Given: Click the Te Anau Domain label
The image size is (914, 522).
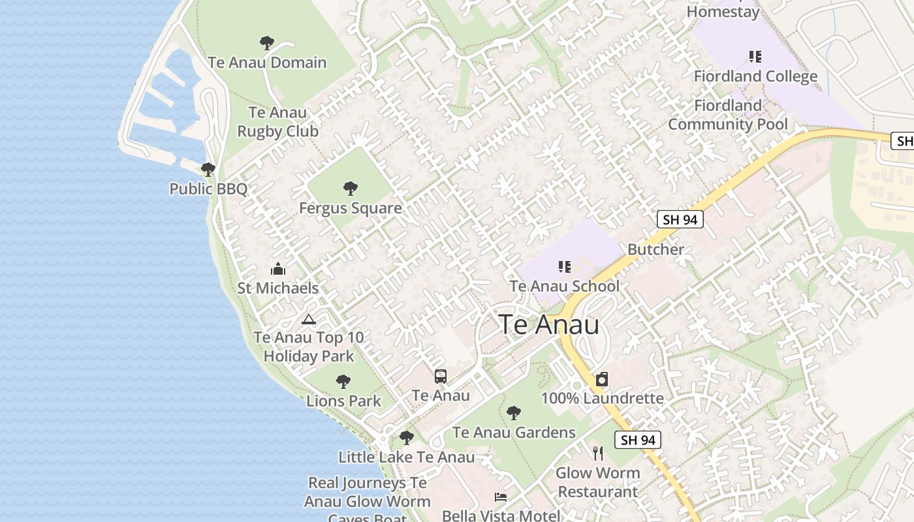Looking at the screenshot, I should pyautogui.click(x=267, y=63).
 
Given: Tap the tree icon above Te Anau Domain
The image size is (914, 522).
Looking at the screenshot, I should pyautogui.click(x=266, y=43).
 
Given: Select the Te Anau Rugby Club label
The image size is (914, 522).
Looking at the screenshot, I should pyautogui.click(x=277, y=122).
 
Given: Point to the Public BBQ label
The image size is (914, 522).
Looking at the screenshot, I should pyautogui.click(x=208, y=189).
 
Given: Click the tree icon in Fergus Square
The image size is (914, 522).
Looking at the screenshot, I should pyautogui.click(x=351, y=189).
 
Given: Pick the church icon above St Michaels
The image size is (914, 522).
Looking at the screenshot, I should pyautogui.click(x=278, y=269).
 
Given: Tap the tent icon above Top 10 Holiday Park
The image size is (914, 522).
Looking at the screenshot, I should pyautogui.click(x=308, y=319).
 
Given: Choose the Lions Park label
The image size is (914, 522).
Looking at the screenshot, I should pyautogui.click(x=343, y=401).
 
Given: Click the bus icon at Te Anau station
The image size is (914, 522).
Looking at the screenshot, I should pyautogui.click(x=441, y=376).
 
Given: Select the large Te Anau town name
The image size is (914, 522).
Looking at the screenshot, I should pyautogui.click(x=548, y=324).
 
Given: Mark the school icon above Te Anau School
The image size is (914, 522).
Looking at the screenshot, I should pyautogui.click(x=565, y=266).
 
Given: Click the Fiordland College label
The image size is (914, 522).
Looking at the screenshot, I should pyautogui.click(x=755, y=76).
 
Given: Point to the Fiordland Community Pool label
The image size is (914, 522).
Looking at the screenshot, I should pyautogui.click(x=728, y=115).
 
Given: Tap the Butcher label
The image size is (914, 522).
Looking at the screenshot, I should pyautogui.click(x=655, y=249).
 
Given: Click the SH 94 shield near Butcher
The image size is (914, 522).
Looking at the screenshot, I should pyautogui.click(x=680, y=220).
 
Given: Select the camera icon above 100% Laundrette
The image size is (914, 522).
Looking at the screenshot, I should pyautogui.click(x=602, y=379).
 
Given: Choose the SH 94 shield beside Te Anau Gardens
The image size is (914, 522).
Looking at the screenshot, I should pyautogui.click(x=638, y=440).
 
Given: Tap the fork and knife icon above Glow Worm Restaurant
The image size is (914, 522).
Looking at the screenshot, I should pyautogui.click(x=597, y=453).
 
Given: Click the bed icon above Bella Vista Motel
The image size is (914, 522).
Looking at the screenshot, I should pyautogui.click(x=500, y=497).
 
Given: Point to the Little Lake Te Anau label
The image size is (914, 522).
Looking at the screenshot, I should pyautogui.click(x=406, y=457).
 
